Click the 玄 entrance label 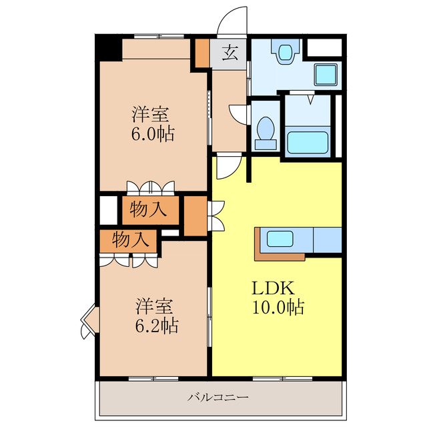click(x=230, y=53)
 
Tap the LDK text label click(x=273, y=288)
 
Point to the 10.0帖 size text click(x=278, y=307)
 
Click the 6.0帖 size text click(x=153, y=133)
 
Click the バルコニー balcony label click(x=218, y=398)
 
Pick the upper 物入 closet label click(x=148, y=209)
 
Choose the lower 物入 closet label click(x=131, y=240)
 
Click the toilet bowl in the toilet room click(x=266, y=132)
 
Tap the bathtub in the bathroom click(x=308, y=142)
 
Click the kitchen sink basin click(x=280, y=239)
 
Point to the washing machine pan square click(x=326, y=74)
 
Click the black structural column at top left click(x=109, y=48)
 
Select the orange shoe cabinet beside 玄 click(x=203, y=53)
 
